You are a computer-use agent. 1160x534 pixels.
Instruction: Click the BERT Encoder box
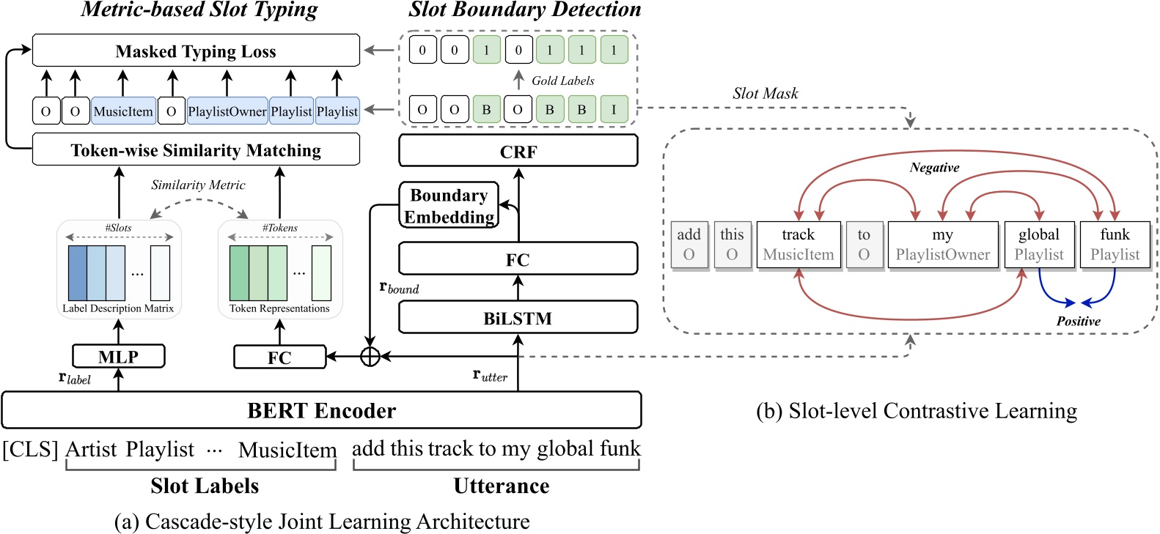click(321, 410)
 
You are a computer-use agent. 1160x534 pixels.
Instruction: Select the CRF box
click(518, 152)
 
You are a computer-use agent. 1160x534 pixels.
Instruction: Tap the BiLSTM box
click(518, 318)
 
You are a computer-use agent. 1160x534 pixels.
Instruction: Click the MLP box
click(118, 357)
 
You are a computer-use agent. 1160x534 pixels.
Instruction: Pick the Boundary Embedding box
click(449, 206)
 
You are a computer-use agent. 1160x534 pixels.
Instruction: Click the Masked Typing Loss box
click(196, 51)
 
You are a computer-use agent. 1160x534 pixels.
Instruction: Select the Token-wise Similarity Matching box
click(196, 150)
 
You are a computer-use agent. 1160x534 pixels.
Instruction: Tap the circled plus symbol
click(370, 357)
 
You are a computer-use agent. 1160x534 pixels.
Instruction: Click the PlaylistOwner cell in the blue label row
click(227, 111)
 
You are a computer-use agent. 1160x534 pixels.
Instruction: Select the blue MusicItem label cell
click(123, 111)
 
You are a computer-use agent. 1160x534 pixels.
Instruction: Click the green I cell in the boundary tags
click(614, 109)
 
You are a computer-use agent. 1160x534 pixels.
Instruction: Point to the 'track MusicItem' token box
click(799, 245)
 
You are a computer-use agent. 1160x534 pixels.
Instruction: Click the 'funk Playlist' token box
click(1115, 245)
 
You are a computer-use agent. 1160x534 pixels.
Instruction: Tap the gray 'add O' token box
click(689, 245)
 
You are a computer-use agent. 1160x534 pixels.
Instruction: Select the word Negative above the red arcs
click(934, 168)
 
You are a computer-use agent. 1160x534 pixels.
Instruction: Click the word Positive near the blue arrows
click(1078, 322)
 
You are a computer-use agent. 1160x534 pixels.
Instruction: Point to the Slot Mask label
click(765, 94)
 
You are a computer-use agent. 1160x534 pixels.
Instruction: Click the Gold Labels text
click(562, 81)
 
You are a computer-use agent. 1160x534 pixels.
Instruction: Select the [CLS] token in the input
click(30, 449)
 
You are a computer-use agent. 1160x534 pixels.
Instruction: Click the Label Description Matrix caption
click(118, 308)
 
